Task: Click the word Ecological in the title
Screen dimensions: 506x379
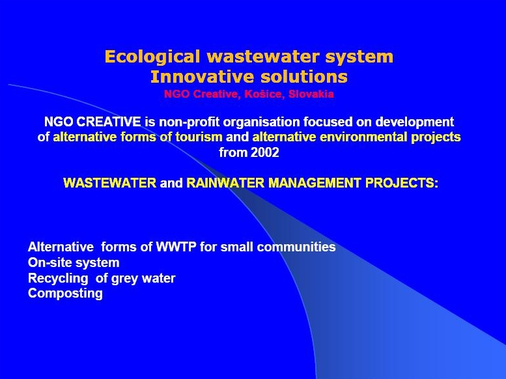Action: coord(152,57)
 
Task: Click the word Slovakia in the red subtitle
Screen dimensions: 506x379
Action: coord(311,94)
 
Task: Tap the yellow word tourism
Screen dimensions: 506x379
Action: coord(199,137)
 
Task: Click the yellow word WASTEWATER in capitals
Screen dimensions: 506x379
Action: coord(109,183)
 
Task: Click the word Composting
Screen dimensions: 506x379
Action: coord(66,294)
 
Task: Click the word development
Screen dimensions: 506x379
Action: coord(414,122)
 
